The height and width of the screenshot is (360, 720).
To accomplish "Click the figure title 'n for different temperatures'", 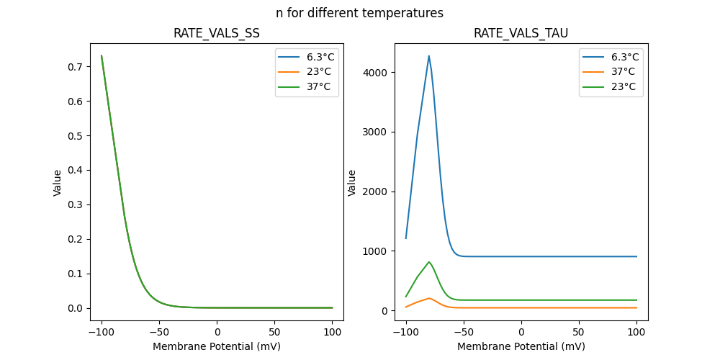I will [x=359, y=13].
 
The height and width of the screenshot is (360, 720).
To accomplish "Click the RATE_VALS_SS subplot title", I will [x=216, y=34].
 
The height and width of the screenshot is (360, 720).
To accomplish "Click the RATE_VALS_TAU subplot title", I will [x=521, y=34].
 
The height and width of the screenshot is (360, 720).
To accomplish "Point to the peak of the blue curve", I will [x=429, y=55].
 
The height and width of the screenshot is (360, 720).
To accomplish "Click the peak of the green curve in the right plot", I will [x=429, y=262].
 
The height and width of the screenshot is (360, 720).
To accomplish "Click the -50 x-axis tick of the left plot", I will [x=159, y=332].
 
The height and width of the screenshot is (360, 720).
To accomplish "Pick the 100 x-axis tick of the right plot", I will [x=636, y=332].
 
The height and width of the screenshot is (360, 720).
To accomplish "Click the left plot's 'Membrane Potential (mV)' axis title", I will [x=216, y=346].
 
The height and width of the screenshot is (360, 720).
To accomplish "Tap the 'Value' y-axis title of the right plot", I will [x=352, y=182].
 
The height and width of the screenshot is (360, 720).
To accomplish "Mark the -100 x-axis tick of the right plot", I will [x=406, y=332].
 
